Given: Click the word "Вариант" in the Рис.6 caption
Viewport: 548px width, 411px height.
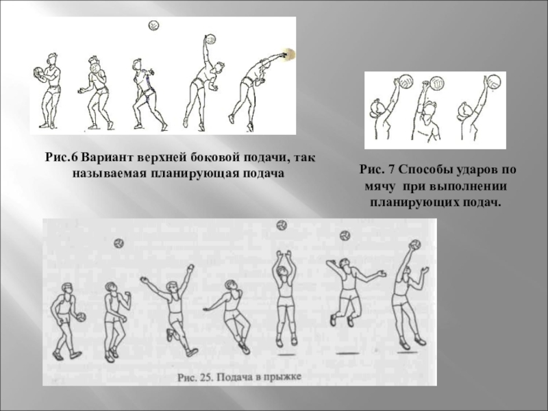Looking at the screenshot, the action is [108, 158].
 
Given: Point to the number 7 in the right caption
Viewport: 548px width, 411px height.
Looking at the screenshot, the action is [390, 169].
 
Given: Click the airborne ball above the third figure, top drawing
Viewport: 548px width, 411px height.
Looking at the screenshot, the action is [153, 25].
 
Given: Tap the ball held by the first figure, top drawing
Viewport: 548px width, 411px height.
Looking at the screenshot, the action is [38, 71].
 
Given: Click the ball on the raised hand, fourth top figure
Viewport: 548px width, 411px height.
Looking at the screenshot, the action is [210, 38].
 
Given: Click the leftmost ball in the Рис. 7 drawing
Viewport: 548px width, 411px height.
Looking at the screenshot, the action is [406, 82].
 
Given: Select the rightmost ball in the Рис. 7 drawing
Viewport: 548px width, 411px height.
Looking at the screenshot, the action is [493, 82].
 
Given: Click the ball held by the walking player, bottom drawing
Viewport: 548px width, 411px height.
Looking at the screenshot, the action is [81, 317].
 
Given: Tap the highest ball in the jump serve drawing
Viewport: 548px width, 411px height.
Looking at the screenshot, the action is [282, 225].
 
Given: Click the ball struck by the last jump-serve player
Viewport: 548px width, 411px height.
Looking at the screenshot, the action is [414, 245].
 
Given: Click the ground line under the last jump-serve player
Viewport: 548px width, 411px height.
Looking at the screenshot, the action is [409, 352].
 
